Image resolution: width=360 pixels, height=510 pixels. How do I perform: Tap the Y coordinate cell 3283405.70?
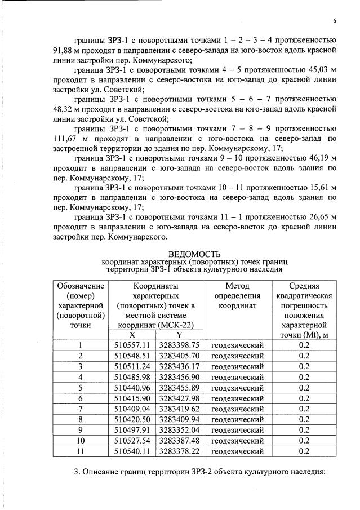(x=180, y=356)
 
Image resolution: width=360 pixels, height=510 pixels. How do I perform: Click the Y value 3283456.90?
(x=180, y=377)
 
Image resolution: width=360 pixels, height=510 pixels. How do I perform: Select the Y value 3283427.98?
(x=180, y=398)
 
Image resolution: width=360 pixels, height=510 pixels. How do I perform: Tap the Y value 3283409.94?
(x=180, y=419)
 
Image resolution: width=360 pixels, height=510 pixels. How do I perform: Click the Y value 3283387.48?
(x=180, y=441)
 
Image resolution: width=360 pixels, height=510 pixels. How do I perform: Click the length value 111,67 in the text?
(x=65, y=138)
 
